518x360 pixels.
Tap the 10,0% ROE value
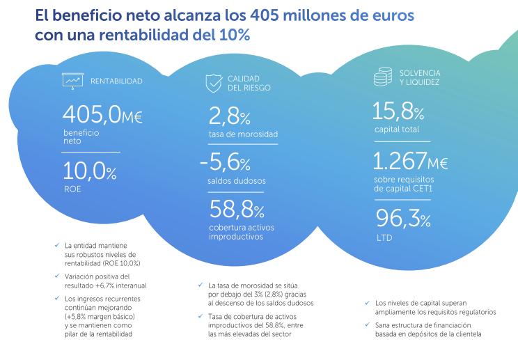click(90, 171)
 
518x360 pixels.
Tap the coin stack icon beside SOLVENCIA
click(381, 77)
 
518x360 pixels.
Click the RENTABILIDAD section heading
click(116, 81)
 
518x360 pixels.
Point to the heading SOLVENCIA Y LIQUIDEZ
click(420, 77)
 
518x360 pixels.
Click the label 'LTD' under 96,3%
click(384, 237)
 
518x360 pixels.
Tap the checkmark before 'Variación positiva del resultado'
click(56, 276)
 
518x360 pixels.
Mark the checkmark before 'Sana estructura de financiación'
click(367, 325)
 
